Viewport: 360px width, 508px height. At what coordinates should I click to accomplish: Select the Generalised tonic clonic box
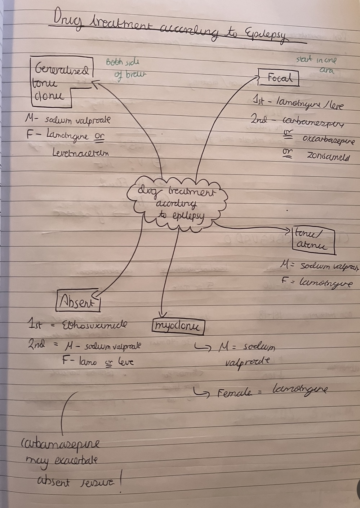61,82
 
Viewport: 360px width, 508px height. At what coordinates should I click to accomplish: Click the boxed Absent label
78,301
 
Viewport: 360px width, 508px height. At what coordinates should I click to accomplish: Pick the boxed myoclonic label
178,327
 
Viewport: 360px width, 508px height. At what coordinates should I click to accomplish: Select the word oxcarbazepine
328,140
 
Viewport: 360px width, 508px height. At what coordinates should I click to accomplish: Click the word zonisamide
328,156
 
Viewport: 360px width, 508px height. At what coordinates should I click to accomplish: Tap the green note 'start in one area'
317,64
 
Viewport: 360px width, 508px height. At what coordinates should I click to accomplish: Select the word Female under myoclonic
234,393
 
